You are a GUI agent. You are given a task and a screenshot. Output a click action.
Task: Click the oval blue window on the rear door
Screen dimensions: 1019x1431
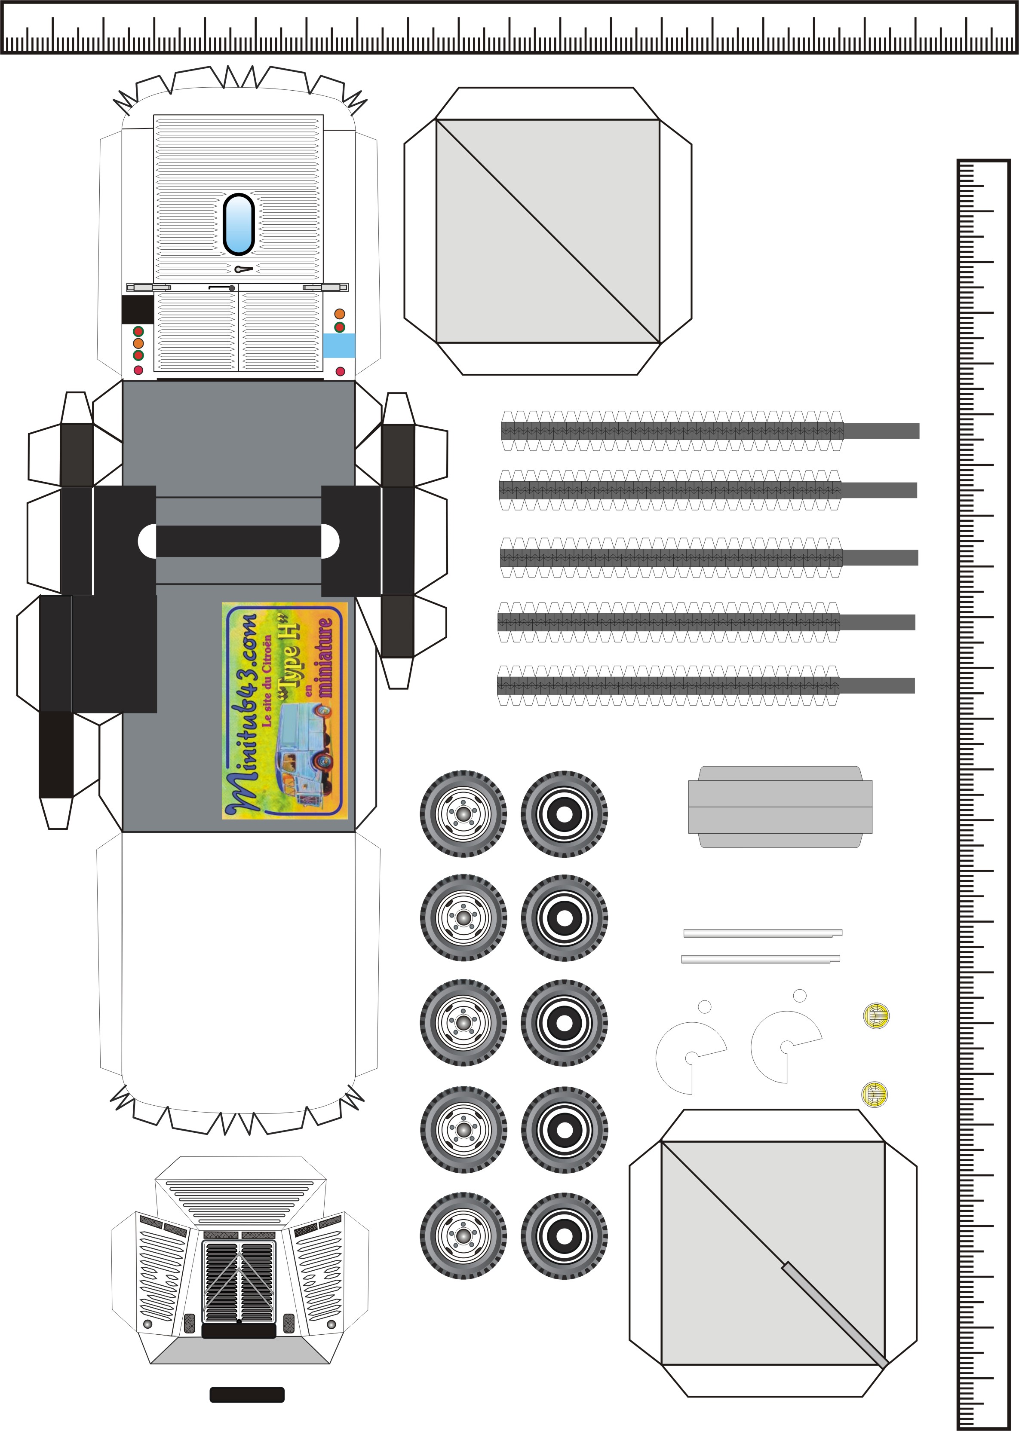tap(239, 224)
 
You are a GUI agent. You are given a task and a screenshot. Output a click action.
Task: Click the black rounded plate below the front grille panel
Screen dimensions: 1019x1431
tap(247, 1394)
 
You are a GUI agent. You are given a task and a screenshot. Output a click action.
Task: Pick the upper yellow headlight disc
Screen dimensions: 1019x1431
tap(876, 1016)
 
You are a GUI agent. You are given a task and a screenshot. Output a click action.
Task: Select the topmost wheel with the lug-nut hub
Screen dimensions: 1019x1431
tap(463, 813)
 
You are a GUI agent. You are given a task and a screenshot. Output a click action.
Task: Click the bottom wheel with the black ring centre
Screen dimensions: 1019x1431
tap(564, 1235)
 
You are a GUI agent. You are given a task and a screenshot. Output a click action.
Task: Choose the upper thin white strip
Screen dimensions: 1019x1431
tap(762, 933)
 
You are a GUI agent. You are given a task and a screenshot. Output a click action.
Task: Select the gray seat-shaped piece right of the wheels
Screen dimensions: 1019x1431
tap(780, 807)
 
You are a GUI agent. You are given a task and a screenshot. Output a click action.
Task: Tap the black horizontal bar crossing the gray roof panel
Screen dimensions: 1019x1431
tap(239, 541)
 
